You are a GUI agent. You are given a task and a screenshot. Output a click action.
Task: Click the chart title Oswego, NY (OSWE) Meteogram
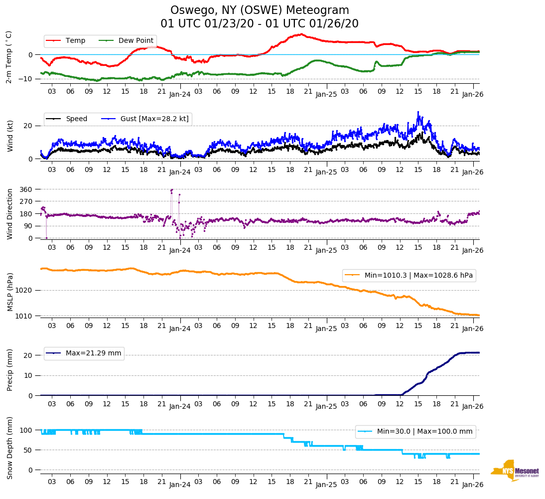(x=260, y=10)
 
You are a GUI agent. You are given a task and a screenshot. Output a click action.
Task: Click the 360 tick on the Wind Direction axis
(x=26, y=189)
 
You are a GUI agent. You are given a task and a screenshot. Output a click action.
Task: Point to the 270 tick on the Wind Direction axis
(x=26, y=201)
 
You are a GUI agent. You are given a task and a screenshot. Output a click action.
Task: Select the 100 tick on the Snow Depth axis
(x=26, y=430)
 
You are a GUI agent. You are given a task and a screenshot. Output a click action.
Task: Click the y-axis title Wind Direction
(x=10, y=214)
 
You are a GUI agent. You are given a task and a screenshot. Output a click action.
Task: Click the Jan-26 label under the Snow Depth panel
(x=471, y=485)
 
